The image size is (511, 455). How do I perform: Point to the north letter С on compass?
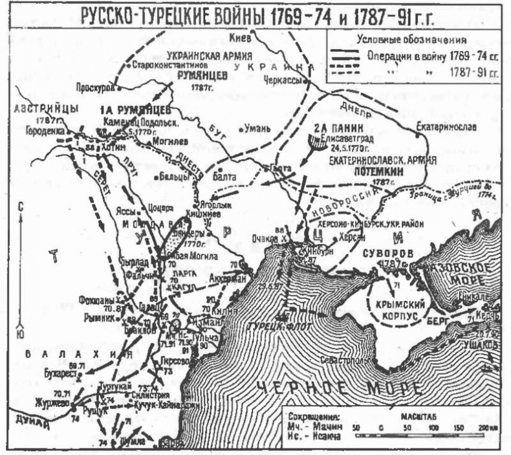click(x=21, y=206)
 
